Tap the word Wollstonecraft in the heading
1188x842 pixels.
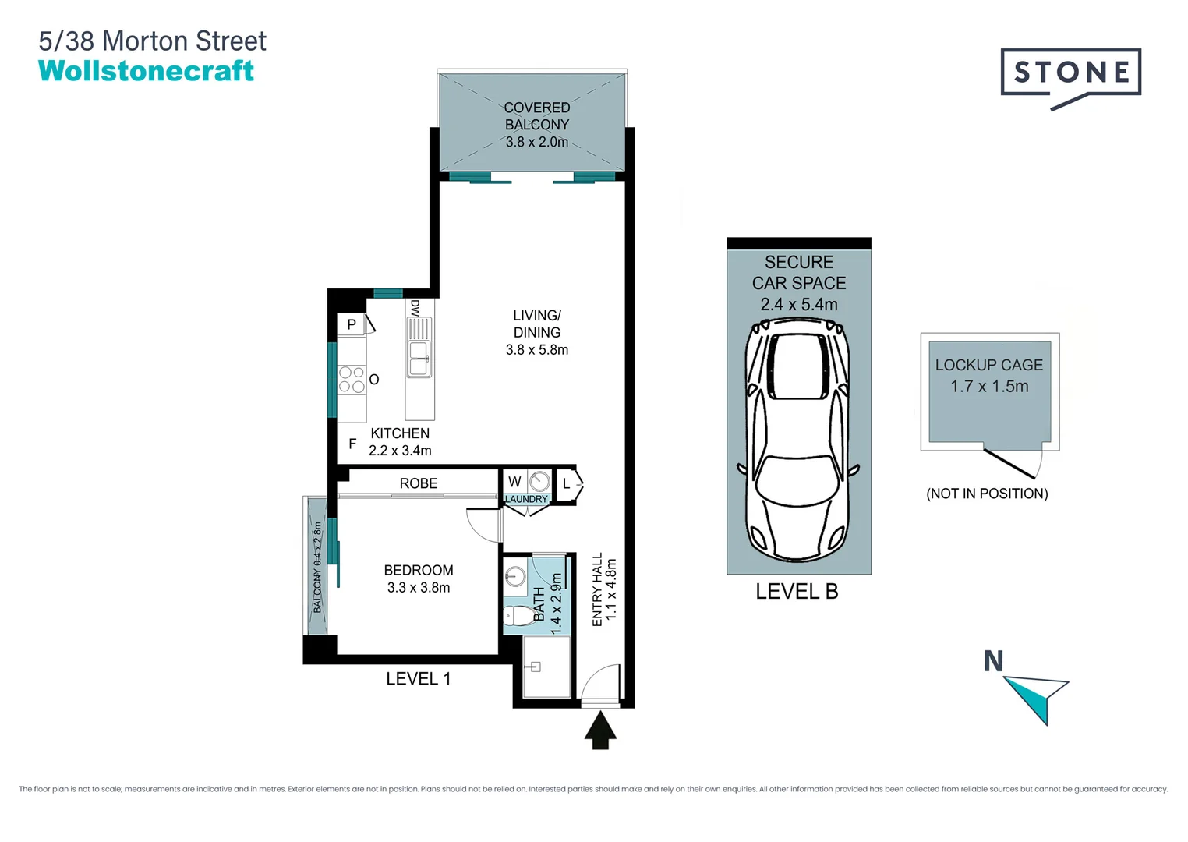click(x=146, y=71)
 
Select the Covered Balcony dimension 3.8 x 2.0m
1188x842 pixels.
click(x=536, y=142)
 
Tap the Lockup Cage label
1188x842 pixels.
click(x=988, y=365)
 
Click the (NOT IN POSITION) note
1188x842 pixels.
click(x=986, y=494)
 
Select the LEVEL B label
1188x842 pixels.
click(x=797, y=592)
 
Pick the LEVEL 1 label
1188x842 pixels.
click(x=418, y=679)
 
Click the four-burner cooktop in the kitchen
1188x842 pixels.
click(x=352, y=380)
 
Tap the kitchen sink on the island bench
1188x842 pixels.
click(x=419, y=358)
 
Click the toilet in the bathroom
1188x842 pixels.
click(x=517, y=617)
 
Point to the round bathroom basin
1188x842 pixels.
click(x=515, y=578)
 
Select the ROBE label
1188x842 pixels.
click(x=418, y=483)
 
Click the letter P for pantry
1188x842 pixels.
click(x=352, y=324)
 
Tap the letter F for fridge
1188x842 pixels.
click(x=352, y=444)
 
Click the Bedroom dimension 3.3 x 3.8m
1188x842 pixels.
click(x=418, y=588)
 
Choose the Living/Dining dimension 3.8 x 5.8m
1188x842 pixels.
click(x=536, y=350)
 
